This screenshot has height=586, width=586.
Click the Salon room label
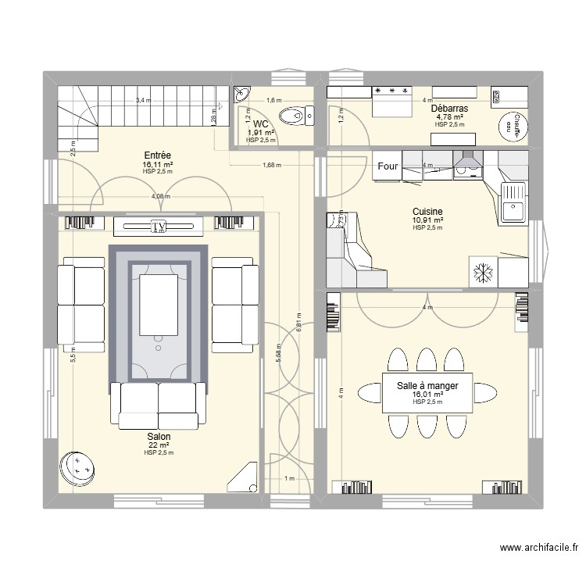pos(159,437)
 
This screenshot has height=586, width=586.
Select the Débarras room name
pos(449,109)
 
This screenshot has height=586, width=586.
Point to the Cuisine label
pos(428,211)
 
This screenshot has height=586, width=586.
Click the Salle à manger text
pos(427,386)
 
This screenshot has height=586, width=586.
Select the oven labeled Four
pos(388,166)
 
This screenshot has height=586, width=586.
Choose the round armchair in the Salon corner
pos(79,467)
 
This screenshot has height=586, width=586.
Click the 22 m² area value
pos(159,445)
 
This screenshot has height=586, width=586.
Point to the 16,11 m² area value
pos(158,166)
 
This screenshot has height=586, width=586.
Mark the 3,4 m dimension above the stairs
pos(143,100)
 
